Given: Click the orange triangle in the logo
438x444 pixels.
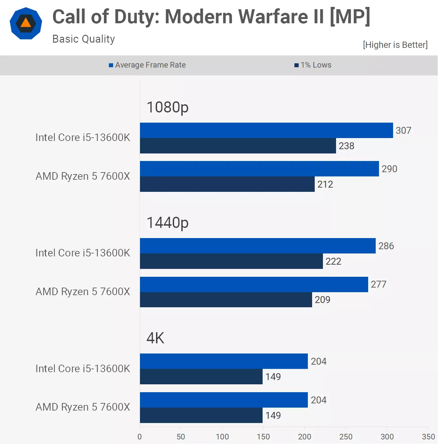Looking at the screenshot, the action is (x=26, y=23).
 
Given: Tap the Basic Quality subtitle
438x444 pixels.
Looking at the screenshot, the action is (x=83, y=39).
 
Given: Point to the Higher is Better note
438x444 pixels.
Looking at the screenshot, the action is (x=395, y=45).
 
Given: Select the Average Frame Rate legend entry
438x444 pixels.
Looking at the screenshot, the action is (x=147, y=65).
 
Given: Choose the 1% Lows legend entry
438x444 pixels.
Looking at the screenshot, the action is (x=313, y=65).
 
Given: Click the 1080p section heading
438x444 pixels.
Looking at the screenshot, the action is (x=168, y=107).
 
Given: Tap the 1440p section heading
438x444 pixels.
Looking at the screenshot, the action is (x=168, y=223).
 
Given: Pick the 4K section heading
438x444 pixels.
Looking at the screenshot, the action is (x=155, y=338).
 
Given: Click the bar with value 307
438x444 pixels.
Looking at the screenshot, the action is (x=266, y=131).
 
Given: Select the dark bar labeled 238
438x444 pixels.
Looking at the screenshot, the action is (x=238, y=146).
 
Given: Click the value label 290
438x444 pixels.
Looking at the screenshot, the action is (x=389, y=169).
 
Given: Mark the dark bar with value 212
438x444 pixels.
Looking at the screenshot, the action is (x=227, y=184).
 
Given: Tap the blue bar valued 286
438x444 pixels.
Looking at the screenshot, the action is (x=258, y=246).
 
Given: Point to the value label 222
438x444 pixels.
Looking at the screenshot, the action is (x=333, y=261).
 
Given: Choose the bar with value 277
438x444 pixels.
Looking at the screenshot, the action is (x=254, y=284).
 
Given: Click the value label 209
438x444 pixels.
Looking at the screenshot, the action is (x=322, y=299).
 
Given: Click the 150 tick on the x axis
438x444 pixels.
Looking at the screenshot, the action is (x=263, y=437).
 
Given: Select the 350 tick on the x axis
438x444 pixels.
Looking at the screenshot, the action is (x=428, y=437).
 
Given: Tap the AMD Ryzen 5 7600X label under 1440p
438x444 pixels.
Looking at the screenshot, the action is (x=83, y=292).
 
